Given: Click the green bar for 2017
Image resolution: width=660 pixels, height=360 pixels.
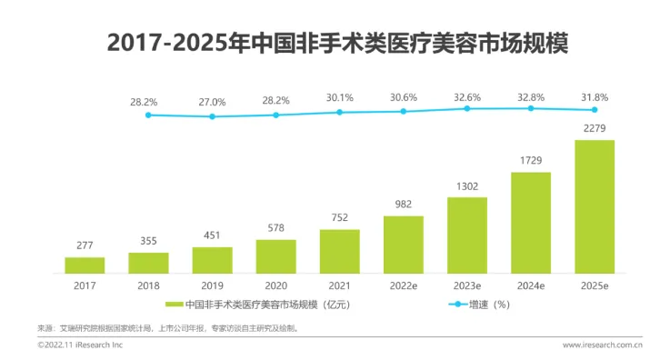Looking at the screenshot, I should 85,265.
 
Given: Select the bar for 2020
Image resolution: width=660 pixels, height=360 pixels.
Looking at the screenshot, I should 275,255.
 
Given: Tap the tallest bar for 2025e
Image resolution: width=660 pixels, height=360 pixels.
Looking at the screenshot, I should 595,205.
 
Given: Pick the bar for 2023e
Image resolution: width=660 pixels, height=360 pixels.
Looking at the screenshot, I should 467,235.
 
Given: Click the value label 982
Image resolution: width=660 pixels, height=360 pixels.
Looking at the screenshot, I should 403,205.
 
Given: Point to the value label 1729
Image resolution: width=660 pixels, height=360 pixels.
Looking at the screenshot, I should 531,161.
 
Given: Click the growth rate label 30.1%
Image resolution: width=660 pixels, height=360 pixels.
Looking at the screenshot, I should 339,97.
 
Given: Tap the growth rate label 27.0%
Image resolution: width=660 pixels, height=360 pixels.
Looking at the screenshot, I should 212,101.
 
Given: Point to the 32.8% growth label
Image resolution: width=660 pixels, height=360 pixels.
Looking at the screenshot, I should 531,95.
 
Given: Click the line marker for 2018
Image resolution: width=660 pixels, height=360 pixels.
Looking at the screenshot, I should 148,115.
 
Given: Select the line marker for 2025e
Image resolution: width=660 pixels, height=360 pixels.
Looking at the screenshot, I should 595,109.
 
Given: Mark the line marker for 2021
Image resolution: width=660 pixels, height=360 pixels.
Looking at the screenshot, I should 339,112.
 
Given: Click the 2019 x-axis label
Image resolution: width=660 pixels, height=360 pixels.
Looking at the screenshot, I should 212,285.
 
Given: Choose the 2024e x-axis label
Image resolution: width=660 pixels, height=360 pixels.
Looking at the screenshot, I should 531,285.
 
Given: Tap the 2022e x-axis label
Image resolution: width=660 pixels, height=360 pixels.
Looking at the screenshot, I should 403,285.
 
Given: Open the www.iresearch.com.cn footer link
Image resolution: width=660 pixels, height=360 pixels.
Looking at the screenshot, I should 602,345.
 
